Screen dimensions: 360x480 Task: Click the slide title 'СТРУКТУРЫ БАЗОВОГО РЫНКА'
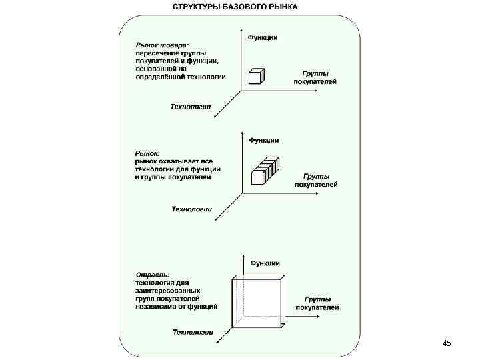[235, 7]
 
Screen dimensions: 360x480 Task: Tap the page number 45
[447, 343]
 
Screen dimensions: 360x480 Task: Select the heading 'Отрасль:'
[153, 275]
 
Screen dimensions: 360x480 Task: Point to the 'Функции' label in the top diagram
[263, 37]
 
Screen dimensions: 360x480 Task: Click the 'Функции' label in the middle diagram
[264, 140]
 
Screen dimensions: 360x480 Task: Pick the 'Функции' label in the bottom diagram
[265, 263]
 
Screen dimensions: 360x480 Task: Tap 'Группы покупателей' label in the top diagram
[315, 77]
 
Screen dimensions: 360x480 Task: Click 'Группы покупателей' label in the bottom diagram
[317, 303]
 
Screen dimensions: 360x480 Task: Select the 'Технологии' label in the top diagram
[191, 106]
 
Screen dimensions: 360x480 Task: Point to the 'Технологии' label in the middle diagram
[192, 209]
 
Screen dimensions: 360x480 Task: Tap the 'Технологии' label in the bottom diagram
[193, 332]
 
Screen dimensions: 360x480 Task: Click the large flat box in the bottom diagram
[258, 301]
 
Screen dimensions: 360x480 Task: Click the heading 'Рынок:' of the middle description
[147, 153]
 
